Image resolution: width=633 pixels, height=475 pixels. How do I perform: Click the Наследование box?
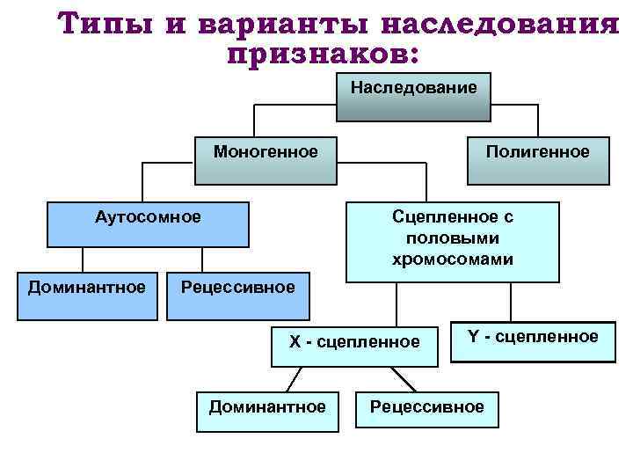[413, 97]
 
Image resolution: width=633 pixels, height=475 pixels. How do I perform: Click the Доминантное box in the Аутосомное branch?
[86, 295]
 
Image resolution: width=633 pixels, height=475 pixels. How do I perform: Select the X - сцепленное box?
[354, 342]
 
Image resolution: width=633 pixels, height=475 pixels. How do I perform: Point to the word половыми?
[453, 238]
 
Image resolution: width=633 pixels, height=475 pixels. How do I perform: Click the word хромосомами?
[453, 259]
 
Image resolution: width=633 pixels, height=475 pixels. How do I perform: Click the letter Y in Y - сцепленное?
[473, 337]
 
